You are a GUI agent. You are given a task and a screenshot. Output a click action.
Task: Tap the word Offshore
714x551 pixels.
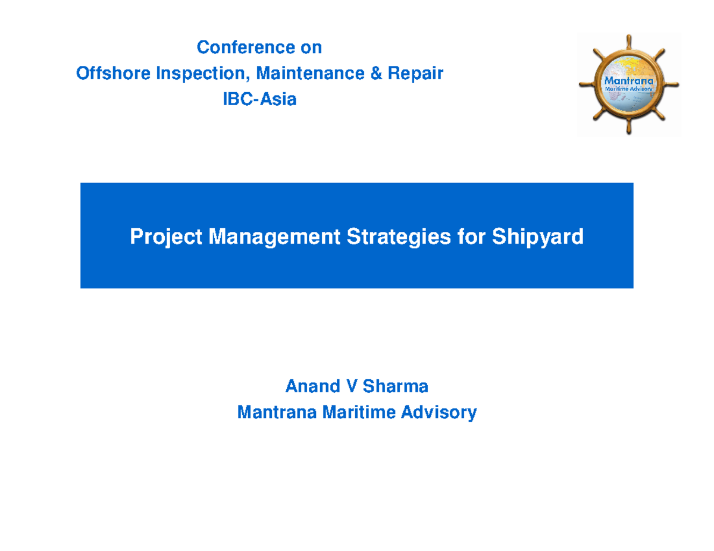pos(113,73)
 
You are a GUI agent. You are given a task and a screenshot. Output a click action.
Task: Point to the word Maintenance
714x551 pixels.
pos(310,73)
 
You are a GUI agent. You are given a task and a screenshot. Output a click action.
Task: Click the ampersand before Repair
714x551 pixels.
pos(376,73)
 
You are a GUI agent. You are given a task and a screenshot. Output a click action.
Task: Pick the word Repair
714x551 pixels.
pos(416,74)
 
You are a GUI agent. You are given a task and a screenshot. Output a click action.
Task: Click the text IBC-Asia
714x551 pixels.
pos(259,99)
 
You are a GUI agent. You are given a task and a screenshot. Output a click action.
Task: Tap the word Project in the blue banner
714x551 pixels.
pos(166,237)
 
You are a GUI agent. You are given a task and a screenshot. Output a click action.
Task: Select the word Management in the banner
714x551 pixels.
pos(275,237)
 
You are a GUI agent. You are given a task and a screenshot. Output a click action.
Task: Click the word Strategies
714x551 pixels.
pos(399,237)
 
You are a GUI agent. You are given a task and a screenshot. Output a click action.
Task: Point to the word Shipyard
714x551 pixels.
pos(537,237)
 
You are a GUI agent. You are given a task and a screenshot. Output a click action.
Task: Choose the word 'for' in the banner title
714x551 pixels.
pos(471,237)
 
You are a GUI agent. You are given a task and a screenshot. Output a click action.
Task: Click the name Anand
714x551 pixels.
pos(312,386)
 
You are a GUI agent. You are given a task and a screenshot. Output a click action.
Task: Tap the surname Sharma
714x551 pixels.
pos(396,386)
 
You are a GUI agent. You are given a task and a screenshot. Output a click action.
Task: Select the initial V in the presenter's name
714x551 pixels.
pos(352,386)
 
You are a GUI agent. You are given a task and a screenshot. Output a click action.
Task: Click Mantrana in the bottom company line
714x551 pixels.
pos(277,412)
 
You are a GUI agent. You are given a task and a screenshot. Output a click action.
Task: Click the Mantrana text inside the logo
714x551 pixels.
pos(628,81)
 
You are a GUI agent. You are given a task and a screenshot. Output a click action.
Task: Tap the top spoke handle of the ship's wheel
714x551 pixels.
pos(628,42)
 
